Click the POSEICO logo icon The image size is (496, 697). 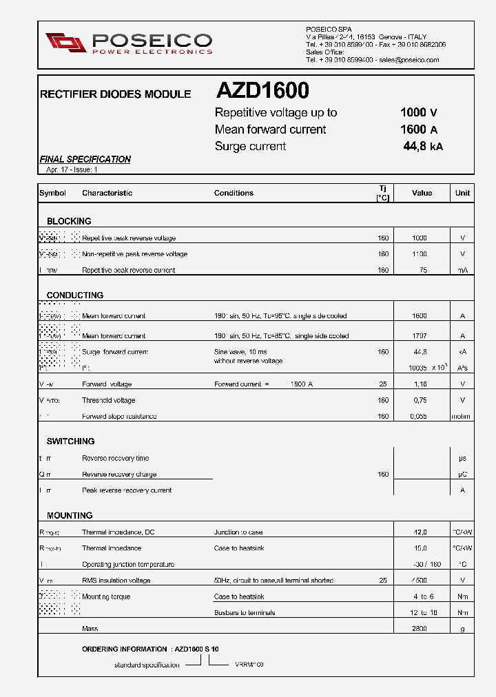point(65,42)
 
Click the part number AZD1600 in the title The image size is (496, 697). point(262,91)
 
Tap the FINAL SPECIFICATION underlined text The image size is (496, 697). point(85,159)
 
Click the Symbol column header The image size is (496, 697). point(53,193)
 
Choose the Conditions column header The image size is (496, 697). point(234,193)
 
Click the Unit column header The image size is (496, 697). point(462,193)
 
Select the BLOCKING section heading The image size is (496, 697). point(69,221)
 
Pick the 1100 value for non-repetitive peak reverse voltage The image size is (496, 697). point(420,254)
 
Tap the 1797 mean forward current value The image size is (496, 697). point(420,336)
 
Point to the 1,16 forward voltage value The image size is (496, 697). point(420,384)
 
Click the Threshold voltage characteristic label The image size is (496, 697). point(109,400)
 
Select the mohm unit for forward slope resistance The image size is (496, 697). point(462,416)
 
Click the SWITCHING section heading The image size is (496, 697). point(71,441)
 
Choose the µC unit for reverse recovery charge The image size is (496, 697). point(462,475)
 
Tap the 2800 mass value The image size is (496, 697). point(420,629)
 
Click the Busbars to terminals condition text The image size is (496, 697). point(245,613)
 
